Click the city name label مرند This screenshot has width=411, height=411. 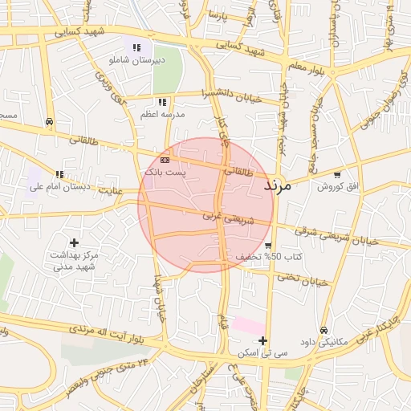click(281, 185)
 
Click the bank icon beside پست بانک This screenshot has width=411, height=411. click(165, 161)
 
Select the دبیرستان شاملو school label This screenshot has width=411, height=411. click(159, 59)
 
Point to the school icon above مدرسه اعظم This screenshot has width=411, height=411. click(162, 102)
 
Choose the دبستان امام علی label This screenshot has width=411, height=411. click(58, 187)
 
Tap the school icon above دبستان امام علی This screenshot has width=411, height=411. click(59, 174)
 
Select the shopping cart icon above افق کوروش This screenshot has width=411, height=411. click(337, 174)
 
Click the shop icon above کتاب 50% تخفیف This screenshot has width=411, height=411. click(267, 246)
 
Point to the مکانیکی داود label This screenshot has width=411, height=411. click(322, 342)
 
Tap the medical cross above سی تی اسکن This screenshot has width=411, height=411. click(262, 340)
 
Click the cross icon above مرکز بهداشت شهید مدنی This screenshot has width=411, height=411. click(75, 242)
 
